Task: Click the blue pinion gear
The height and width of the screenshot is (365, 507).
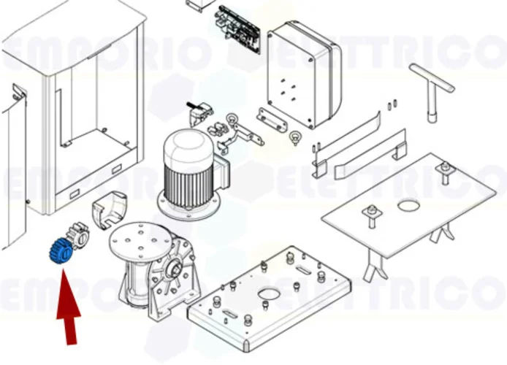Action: click(60, 251)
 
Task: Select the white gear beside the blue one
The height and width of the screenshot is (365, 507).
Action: click(78, 237)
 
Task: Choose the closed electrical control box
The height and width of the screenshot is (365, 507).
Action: click(304, 73)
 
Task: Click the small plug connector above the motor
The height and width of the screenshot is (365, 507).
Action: click(199, 113)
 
